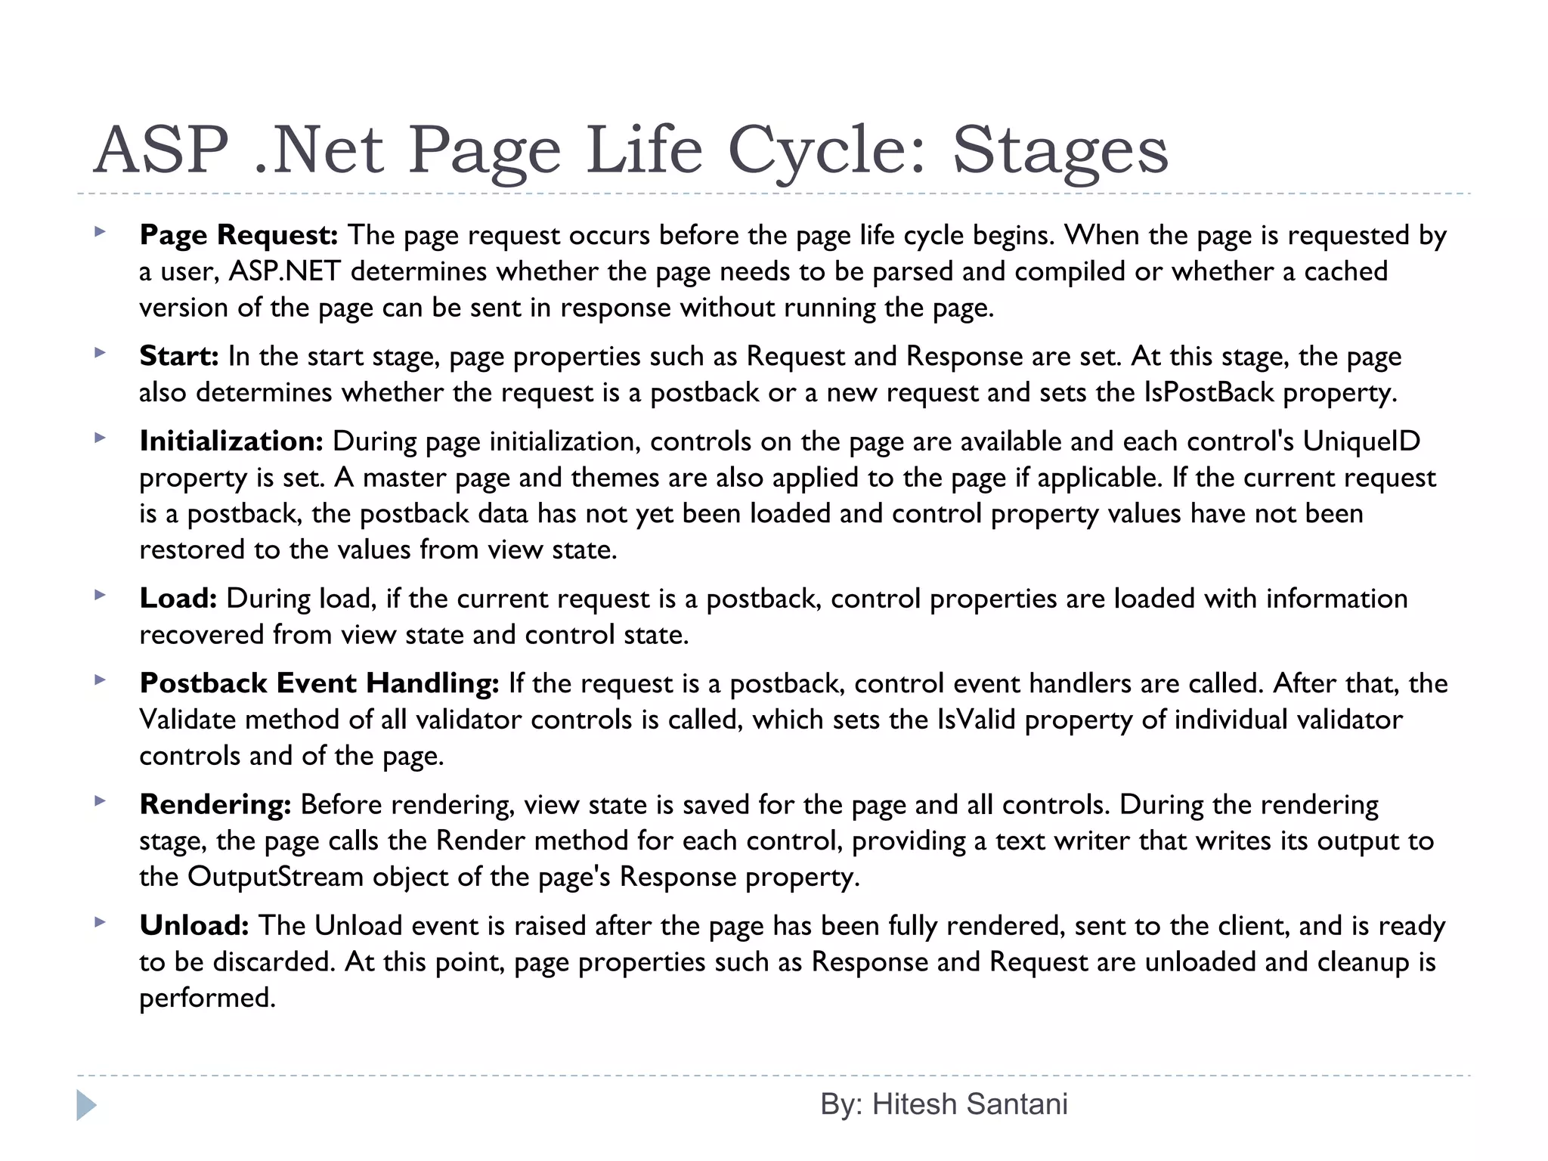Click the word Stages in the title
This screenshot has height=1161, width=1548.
[x=1060, y=150]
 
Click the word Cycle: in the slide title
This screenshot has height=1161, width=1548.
[x=827, y=150]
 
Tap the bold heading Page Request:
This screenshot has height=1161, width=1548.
[x=238, y=235]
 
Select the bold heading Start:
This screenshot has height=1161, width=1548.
[x=179, y=356]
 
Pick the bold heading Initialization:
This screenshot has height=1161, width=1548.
[x=231, y=441]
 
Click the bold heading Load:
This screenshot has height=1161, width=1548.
[x=178, y=599]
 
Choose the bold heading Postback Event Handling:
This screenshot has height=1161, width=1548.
[x=319, y=683]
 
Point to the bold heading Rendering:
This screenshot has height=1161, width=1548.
[x=215, y=805]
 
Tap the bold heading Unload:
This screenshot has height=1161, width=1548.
[x=194, y=926]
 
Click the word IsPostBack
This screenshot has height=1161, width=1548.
[x=1209, y=392]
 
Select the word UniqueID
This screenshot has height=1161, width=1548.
[x=1361, y=441]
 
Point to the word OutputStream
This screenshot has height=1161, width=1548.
[x=275, y=877]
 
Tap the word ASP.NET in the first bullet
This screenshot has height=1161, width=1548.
[x=284, y=271]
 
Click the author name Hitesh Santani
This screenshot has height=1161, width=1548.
[x=970, y=1104]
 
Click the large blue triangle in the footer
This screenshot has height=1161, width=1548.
[x=86, y=1106]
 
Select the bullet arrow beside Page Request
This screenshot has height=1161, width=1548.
[x=99, y=232]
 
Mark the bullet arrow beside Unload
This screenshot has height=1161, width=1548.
[x=99, y=922]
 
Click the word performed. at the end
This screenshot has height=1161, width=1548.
[x=208, y=998]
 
